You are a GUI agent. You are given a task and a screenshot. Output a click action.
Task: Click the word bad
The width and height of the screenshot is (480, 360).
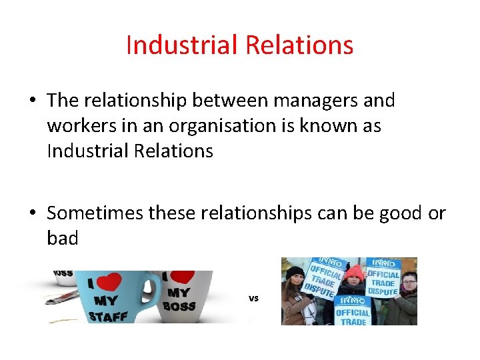pos(63,238)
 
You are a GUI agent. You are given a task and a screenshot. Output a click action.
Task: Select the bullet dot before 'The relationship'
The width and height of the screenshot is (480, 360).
pos(32,101)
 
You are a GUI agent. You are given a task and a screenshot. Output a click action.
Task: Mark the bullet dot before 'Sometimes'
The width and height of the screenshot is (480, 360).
pos(32,214)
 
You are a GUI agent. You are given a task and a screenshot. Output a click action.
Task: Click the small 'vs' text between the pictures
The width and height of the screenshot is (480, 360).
pos(253,298)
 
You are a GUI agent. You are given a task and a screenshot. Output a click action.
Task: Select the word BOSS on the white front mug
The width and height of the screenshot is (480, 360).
pos(179,306)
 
